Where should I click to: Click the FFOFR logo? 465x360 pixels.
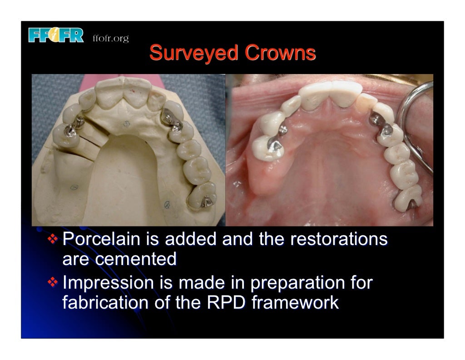[56, 35]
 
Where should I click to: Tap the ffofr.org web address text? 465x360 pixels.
[111, 38]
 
